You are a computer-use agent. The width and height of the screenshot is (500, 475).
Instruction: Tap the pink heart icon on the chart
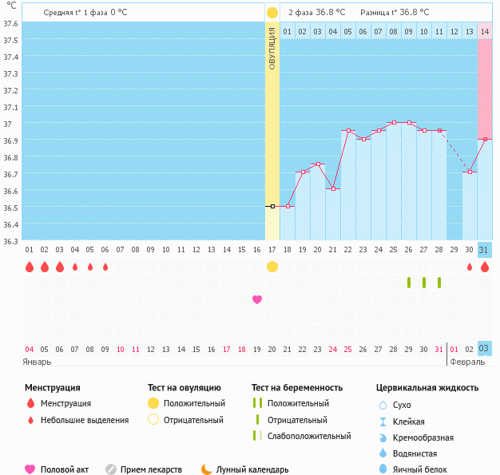257,299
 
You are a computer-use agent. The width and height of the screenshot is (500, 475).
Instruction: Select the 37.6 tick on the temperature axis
11,23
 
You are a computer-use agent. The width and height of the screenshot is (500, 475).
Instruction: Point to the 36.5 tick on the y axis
11,208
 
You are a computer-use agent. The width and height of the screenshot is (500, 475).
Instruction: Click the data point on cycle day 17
272,206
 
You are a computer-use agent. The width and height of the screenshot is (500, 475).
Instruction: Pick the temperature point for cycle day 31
484,139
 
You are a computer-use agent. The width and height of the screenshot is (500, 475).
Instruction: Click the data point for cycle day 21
333,188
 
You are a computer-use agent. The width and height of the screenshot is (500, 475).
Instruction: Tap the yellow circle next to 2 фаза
272,13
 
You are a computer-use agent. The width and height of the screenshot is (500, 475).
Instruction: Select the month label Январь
38,362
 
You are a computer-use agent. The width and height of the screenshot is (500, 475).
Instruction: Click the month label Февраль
466,362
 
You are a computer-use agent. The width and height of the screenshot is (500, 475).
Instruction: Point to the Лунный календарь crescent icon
207,469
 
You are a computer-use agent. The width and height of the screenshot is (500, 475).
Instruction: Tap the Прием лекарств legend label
151,469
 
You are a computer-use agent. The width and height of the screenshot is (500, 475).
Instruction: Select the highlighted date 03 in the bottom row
484,348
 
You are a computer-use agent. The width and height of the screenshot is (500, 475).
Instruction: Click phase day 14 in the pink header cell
484,31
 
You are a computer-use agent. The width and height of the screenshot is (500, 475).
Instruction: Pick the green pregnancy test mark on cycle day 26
409,283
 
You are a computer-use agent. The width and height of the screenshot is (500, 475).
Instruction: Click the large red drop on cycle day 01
30,267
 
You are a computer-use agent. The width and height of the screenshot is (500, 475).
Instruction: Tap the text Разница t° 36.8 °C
395,13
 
